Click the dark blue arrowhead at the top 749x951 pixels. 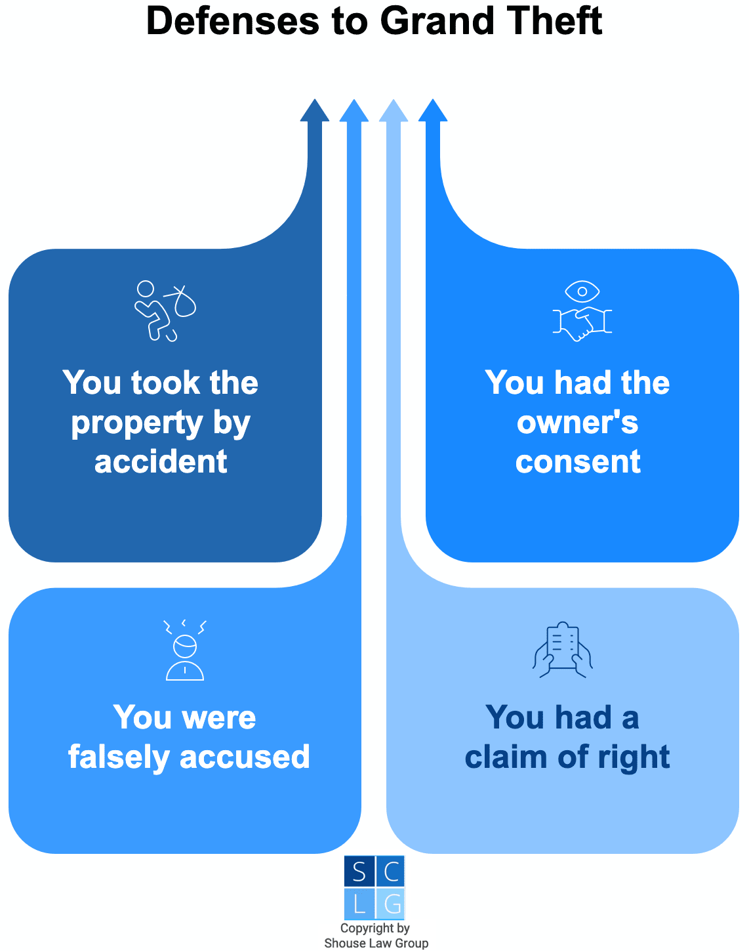pos(315,111)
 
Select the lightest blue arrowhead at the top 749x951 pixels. pos(394,111)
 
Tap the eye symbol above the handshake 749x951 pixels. pos(582,291)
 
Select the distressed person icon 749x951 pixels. pos(185,650)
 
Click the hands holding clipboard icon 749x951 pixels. pos(563,650)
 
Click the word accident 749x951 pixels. pos(161,461)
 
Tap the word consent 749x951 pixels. pos(578,461)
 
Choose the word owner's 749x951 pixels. pos(578,423)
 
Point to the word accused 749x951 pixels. pos(245,757)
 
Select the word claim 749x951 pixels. pos(506,757)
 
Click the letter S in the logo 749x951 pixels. pos(359,872)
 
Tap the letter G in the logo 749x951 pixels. pos(392,904)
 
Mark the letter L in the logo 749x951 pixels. pos(359,904)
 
